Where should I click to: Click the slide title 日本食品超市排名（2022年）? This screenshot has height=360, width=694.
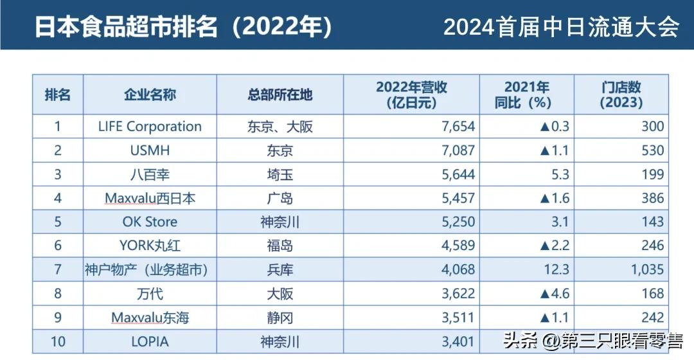click(183, 28)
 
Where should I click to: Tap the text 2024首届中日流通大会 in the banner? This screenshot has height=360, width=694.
click(561, 27)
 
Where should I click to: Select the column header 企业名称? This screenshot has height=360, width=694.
click(150, 95)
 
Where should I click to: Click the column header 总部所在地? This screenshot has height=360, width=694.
click(280, 95)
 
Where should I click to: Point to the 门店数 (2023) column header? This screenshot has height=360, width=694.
click(621, 95)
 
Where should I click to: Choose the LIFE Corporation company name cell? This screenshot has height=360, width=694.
click(150, 127)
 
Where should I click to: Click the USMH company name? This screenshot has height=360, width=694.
click(150, 150)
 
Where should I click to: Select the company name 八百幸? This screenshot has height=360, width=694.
click(150, 174)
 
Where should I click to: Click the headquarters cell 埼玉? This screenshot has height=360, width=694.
click(280, 174)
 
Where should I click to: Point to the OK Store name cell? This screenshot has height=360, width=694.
click(150, 222)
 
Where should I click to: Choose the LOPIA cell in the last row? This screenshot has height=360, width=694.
click(150, 341)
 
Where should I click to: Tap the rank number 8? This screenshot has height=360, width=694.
click(58, 294)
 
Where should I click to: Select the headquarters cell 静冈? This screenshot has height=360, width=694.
click(280, 318)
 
